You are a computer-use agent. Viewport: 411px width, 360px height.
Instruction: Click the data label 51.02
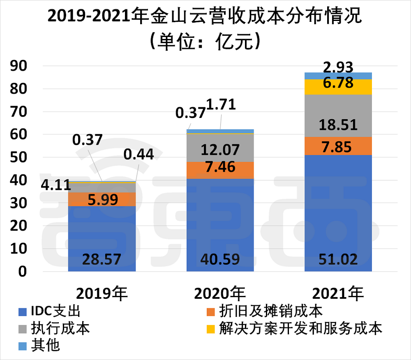tap(338, 259)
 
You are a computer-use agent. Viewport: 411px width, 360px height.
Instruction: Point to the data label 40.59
tap(220, 259)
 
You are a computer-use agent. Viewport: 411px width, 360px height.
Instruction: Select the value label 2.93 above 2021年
tap(338, 67)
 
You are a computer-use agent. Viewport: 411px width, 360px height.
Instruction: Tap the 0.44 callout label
tap(138, 155)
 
